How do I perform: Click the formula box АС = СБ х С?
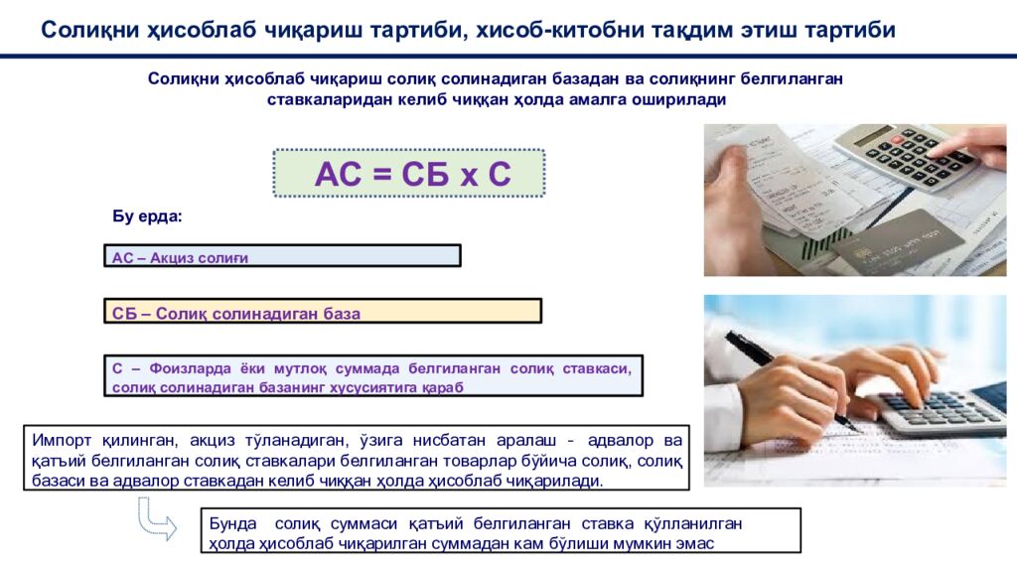[x=409, y=174]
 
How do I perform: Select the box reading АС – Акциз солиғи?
[x=282, y=256]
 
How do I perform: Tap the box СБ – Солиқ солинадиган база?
[x=323, y=312]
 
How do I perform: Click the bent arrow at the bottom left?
[x=155, y=518]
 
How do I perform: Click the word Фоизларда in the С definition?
[x=167, y=368]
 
